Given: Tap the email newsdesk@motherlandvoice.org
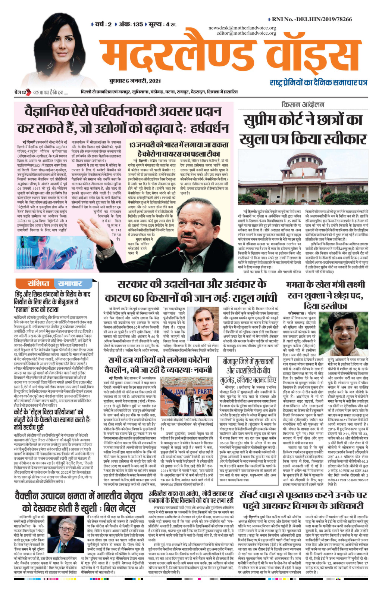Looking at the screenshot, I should (242, 28).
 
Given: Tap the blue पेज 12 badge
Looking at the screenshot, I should (21, 92).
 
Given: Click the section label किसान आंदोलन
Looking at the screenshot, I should (303, 105).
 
